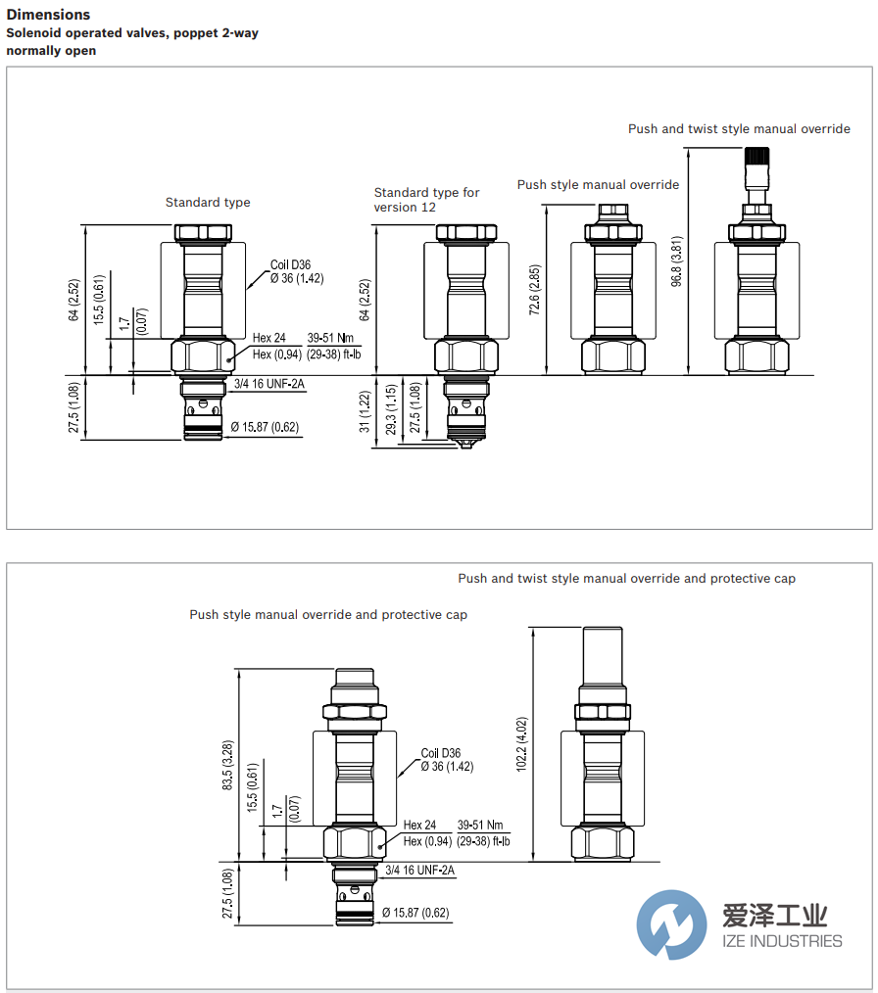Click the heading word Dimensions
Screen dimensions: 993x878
pyautogui.click(x=48, y=15)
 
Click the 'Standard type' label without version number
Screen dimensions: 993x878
pyautogui.click(x=208, y=203)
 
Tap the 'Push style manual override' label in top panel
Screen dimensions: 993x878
pyautogui.click(x=598, y=185)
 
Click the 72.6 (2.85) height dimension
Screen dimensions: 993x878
pyautogui.click(x=535, y=291)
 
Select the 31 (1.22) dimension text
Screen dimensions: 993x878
pyautogui.click(x=366, y=412)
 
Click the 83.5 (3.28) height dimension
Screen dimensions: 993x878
pyautogui.click(x=227, y=765)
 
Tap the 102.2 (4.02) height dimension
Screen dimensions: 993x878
pyautogui.click(x=521, y=745)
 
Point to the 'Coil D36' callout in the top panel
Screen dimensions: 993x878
pyautogui.click(x=290, y=264)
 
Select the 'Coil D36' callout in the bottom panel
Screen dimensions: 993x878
pyautogui.click(x=441, y=753)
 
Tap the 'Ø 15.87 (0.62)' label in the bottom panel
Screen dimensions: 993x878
pyautogui.click(x=415, y=913)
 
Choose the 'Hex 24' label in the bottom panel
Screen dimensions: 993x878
pyautogui.click(x=420, y=826)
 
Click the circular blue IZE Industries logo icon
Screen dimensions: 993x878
pyautogui.click(x=671, y=924)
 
